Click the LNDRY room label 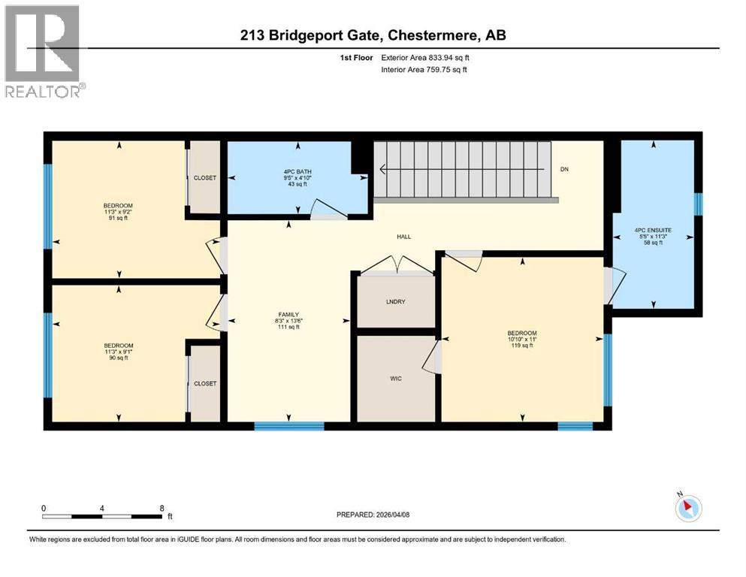coord(396,301)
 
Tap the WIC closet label coord(396,378)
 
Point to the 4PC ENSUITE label coord(652,231)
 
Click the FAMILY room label coord(288,315)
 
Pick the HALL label coord(404,237)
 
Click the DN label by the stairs coord(564,169)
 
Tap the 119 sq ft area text coord(522,348)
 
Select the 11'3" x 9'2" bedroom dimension coord(118,213)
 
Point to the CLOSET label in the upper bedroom coord(204,178)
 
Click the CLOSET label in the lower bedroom coord(204,383)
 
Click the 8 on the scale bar coord(162,508)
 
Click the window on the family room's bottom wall coord(288,426)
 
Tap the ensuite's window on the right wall coord(698,204)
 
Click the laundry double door coord(396,262)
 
